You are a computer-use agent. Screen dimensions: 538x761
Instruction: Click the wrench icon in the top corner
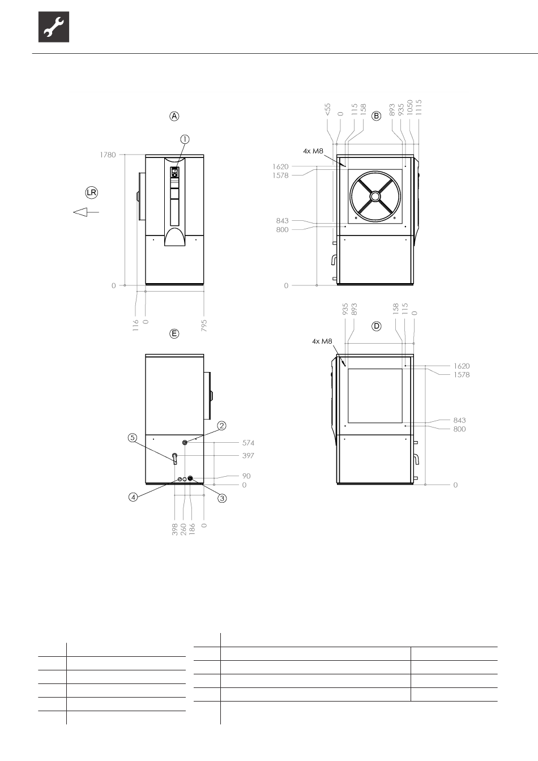54,27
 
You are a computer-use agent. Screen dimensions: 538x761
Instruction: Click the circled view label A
174,116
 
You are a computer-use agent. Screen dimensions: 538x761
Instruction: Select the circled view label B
376,116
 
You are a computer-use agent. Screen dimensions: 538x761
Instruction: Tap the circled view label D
376,327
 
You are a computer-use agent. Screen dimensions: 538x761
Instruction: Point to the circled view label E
174,334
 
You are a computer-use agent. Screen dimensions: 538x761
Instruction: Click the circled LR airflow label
91,193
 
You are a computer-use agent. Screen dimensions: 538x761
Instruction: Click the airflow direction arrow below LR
86,212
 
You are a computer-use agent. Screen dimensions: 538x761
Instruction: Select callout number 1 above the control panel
185,139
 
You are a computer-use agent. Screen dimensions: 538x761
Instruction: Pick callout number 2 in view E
221,426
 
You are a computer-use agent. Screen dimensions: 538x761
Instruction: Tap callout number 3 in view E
222,498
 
